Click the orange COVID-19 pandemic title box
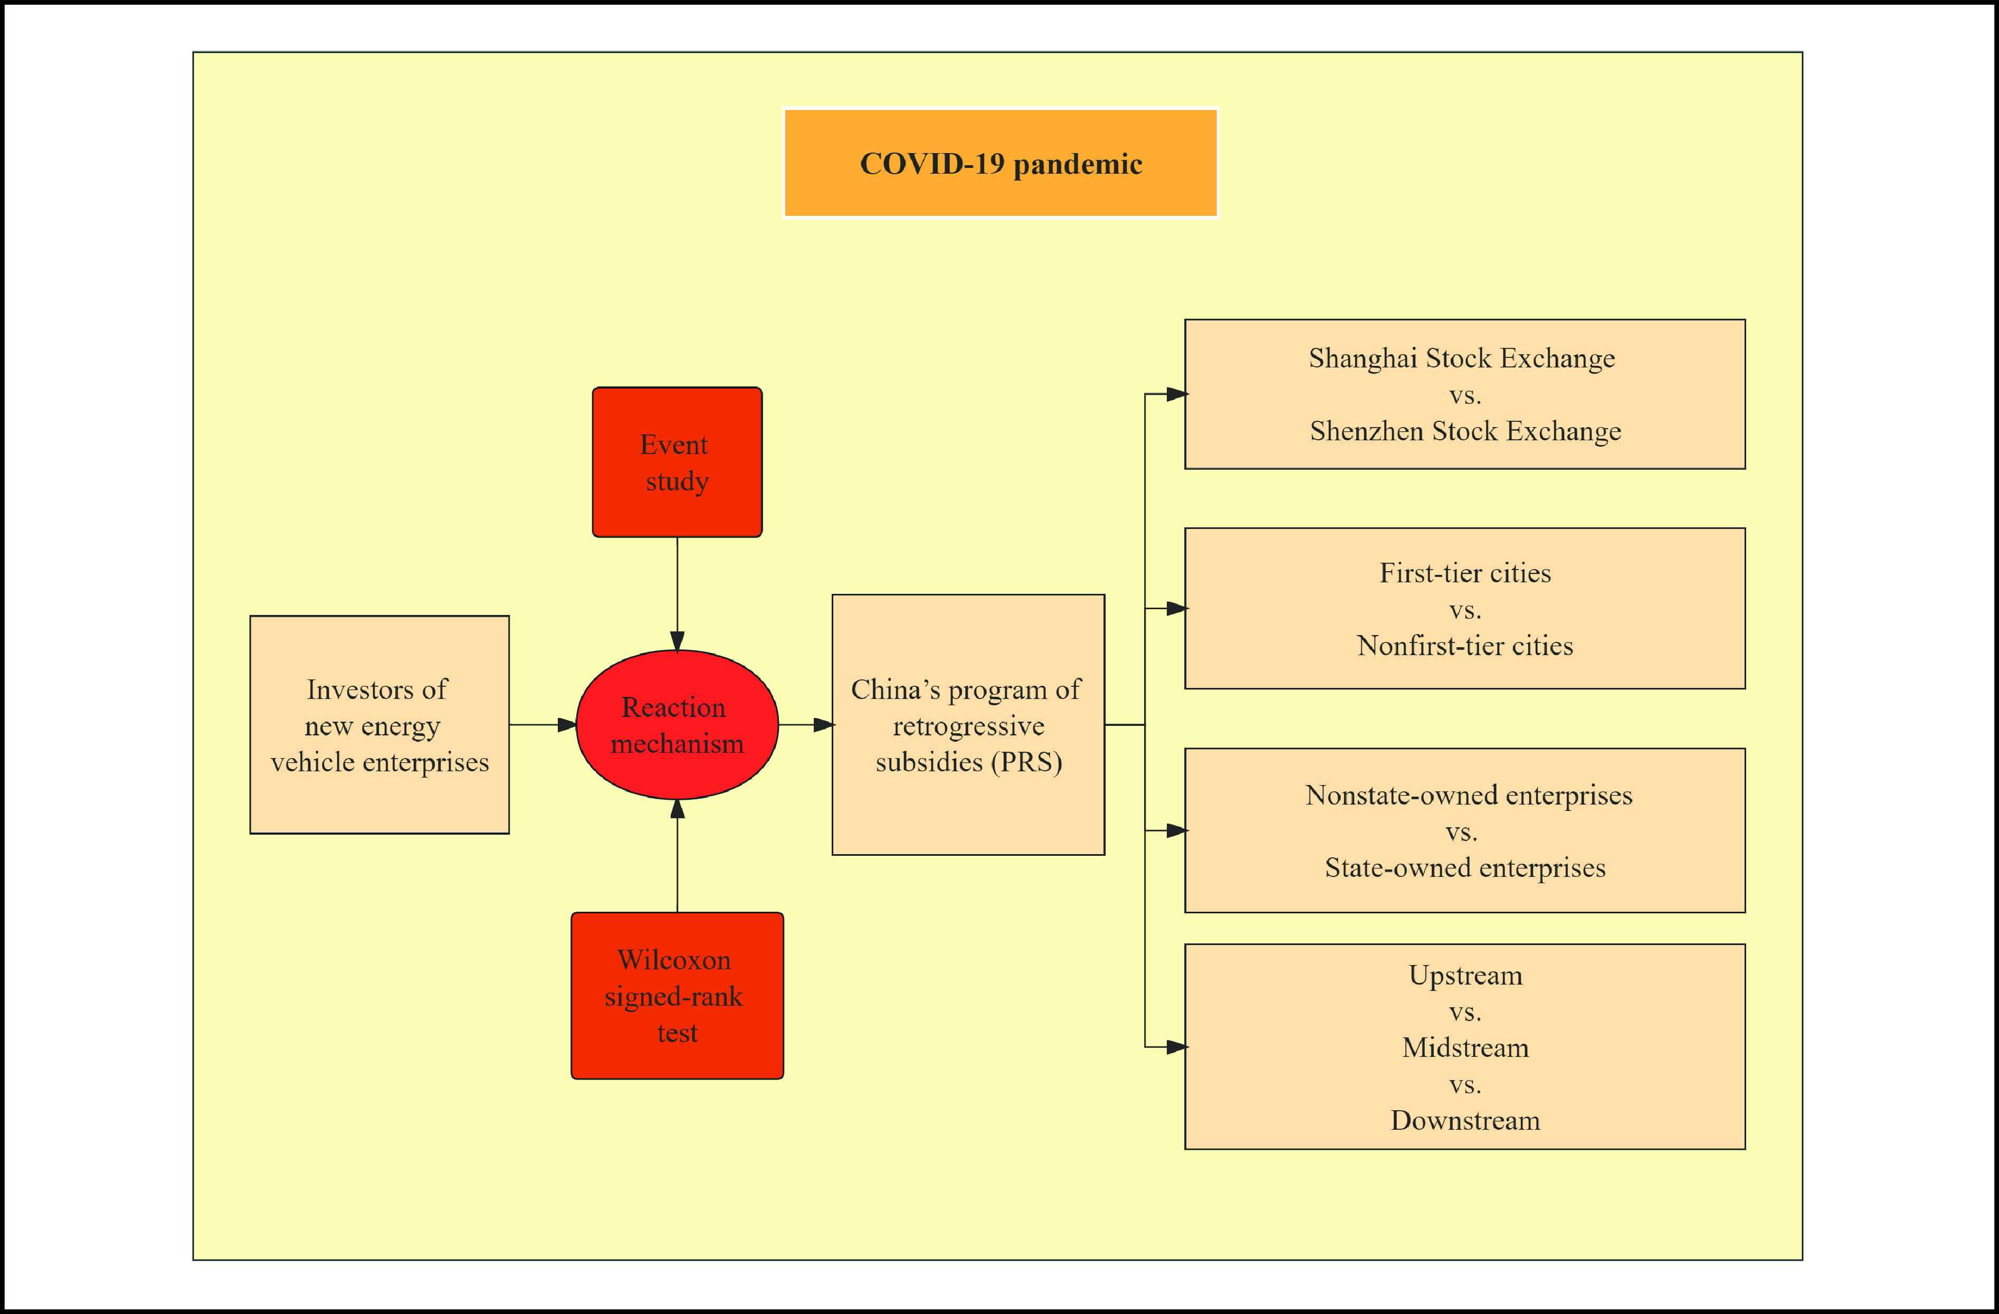coord(1001,163)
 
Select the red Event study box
coord(677,462)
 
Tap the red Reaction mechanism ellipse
coord(677,724)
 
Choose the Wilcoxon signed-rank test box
coord(677,996)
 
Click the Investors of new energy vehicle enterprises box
coord(379,724)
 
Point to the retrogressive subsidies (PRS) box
coord(968,724)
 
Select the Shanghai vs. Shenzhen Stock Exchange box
coord(1465,394)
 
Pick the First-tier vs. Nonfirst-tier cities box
coord(1465,608)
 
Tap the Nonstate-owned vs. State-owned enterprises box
coord(1465,830)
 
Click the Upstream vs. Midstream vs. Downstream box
coord(1465,1047)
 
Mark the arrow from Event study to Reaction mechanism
coord(677,594)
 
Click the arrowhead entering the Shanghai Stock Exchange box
coord(1177,394)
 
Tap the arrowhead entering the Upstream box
coord(1177,1047)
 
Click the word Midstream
coord(1465,1048)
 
